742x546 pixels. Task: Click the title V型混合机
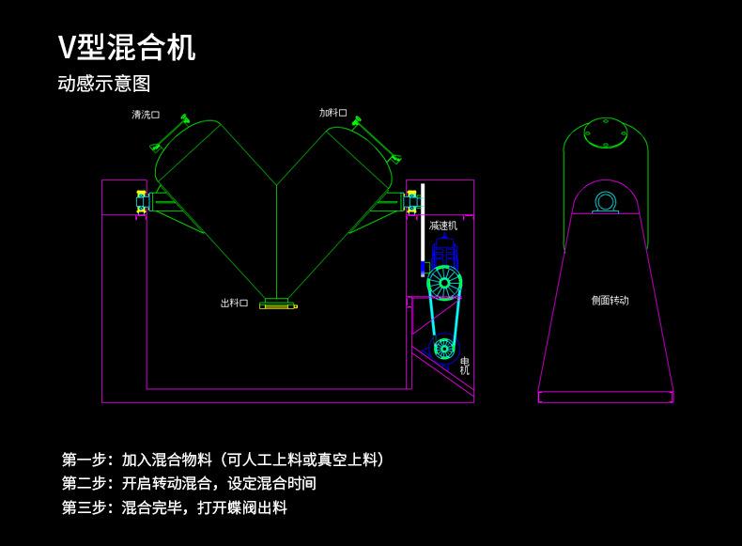pos(127,47)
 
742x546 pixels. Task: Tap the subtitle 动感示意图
pos(104,84)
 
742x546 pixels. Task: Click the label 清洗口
pos(146,115)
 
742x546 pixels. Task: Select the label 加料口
pos(332,113)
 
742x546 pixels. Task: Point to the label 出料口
pos(234,303)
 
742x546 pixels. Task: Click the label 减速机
pos(443,226)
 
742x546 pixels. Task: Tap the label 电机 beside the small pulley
pos(465,367)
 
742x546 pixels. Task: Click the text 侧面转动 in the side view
pos(610,300)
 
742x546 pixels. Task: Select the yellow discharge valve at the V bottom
pos(278,304)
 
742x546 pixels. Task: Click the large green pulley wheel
pos(444,283)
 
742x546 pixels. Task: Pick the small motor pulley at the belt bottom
pos(444,349)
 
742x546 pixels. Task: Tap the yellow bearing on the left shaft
pos(142,201)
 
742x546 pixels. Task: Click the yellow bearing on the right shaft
pos(411,201)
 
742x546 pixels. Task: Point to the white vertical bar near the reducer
pos(423,230)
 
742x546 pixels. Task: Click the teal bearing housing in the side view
pos(605,203)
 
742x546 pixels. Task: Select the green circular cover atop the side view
pos(605,133)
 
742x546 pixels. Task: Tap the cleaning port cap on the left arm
pos(169,133)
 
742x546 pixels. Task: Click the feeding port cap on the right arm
pos(377,138)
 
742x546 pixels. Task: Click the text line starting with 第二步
pos(189,483)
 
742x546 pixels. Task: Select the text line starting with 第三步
pos(174,507)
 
